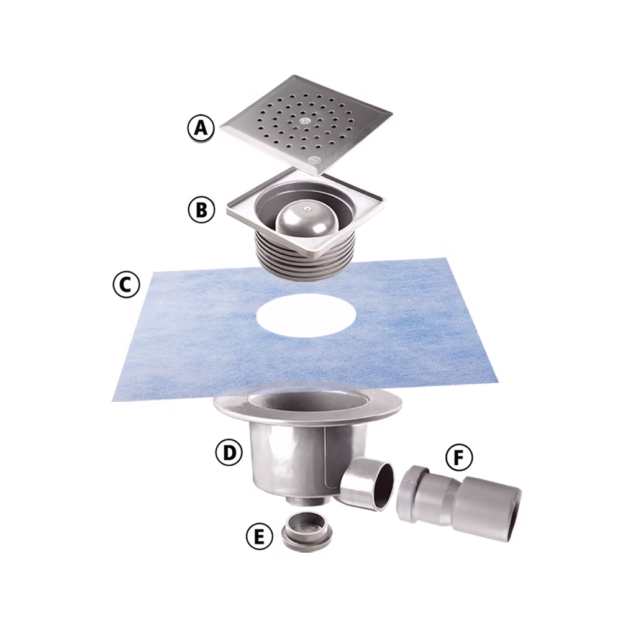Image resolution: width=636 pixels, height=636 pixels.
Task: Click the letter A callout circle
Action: [201, 129]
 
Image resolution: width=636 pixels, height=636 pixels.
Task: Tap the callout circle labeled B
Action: [201, 209]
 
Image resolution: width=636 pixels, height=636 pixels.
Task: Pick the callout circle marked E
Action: [259, 535]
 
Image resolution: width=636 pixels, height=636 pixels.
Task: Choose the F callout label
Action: [458, 458]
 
